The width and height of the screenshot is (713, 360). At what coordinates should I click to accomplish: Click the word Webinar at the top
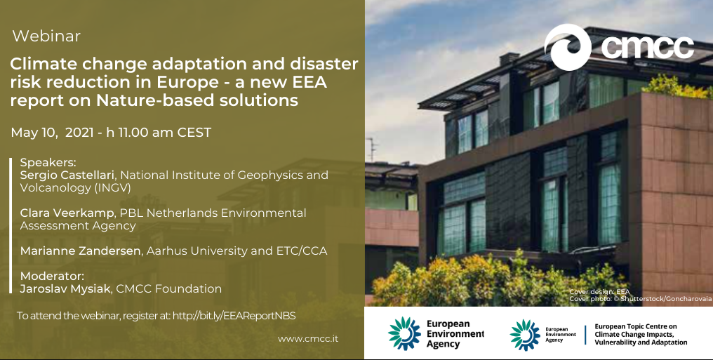tap(46, 36)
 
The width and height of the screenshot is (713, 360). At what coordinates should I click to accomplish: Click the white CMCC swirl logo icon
tap(568, 47)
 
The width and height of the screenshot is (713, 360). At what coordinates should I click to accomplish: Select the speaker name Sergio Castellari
tap(68, 175)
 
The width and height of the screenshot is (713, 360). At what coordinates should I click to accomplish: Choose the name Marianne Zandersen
tap(80, 251)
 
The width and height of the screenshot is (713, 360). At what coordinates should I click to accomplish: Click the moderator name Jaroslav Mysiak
tap(65, 288)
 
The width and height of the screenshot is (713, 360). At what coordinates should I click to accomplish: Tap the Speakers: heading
tap(48, 163)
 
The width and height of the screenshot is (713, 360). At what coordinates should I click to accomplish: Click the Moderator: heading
tap(53, 276)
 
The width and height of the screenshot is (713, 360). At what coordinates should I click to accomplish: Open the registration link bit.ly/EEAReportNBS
tap(234, 316)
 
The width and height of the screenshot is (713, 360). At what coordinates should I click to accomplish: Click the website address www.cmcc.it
tap(308, 339)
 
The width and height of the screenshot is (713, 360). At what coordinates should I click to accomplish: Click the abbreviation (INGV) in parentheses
tap(113, 188)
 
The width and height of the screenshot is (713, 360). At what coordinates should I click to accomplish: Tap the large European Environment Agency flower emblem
tap(404, 333)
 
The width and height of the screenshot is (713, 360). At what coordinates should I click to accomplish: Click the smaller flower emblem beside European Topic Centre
tap(525, 335)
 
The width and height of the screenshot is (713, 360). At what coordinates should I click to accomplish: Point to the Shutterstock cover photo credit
tap(640, 299)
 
